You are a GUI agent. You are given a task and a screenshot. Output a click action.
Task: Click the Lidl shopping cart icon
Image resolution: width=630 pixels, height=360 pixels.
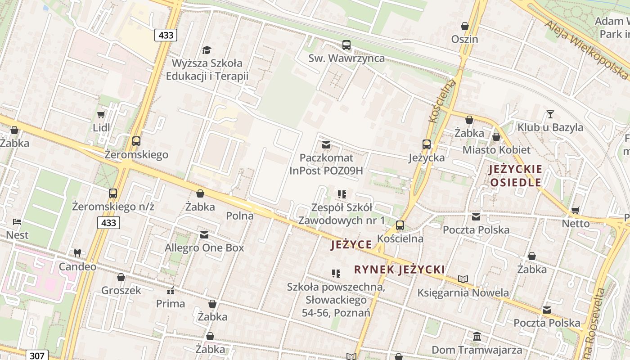coord(101,115)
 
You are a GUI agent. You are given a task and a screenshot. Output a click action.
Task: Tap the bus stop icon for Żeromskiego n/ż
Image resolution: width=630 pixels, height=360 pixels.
coord(113,193)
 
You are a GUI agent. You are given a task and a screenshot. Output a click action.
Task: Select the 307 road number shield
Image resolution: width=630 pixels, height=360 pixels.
coord(36,355)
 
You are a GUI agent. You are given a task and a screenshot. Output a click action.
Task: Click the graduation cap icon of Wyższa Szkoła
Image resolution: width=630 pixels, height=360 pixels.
coord(207,50)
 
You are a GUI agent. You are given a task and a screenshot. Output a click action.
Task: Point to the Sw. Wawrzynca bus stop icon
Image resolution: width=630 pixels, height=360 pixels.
coord(346,45)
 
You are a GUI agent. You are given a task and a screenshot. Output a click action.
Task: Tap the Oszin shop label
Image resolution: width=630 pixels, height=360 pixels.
coord(464,39)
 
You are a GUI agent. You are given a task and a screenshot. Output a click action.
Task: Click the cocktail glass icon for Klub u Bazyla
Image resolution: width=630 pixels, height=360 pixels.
coord(550,114)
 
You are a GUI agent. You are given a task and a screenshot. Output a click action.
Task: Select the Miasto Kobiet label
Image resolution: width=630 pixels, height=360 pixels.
coord(496,150)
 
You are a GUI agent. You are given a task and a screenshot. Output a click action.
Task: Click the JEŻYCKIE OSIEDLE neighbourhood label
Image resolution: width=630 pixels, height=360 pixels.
coord(516,176)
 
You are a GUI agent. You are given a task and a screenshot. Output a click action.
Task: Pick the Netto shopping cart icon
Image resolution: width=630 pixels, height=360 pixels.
coord(575,210)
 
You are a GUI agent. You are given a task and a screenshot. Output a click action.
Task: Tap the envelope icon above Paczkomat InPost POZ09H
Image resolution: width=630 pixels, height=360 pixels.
coord(326,145)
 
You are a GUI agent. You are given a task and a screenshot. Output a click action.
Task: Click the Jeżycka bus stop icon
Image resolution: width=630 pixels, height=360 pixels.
coord(426,144)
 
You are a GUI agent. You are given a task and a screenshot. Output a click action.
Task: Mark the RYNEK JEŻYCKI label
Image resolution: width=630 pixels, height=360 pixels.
coord(399,270)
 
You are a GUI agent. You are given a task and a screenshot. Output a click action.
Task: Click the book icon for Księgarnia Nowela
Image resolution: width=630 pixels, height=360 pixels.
coord(463,279)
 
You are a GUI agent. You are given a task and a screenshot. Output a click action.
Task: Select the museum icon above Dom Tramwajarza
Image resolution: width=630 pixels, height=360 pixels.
coord(477,337)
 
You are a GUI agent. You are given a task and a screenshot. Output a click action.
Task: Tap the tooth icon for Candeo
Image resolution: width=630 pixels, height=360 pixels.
coord(77,253)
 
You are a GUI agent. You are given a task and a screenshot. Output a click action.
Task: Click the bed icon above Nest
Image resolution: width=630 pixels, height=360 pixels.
coord(17,222)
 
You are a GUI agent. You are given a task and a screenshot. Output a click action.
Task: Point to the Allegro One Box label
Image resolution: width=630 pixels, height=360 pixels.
coord(204,248)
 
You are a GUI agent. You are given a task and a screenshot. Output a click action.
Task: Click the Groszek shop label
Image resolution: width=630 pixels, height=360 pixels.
coord(121,290)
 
